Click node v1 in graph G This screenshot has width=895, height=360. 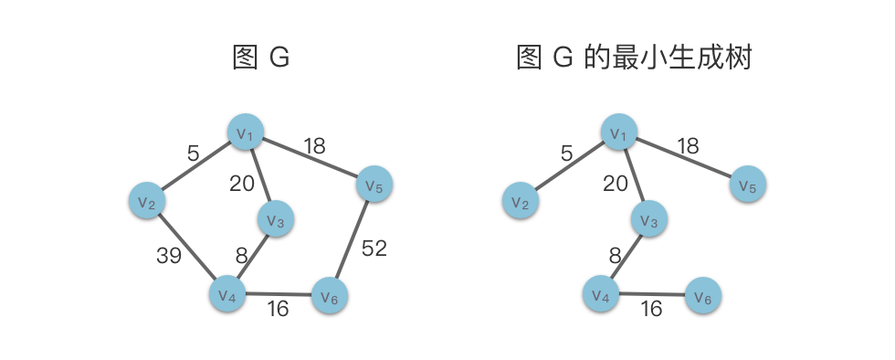[246, 132]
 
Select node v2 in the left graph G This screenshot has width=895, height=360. [147, 201]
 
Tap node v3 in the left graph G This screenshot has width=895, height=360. [276, 219]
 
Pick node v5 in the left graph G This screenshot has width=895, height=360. [374, 184]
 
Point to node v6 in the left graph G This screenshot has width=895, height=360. [330, 295]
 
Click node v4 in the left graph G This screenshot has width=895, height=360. [227, 293]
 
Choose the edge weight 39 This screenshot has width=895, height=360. [169, 256]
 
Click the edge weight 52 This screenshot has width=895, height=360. [374, 248]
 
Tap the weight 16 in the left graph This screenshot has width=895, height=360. [278, 309]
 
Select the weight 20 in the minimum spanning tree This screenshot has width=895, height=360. [616, 184]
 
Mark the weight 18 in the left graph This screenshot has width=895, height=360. [314, 146]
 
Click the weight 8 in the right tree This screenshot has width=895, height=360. [615, 256]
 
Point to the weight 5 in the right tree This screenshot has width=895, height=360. [566, 154]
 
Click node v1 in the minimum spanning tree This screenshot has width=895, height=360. [619, 132]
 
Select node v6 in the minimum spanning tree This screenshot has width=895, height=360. [703, 295]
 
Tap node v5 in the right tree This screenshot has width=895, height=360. [748, 184]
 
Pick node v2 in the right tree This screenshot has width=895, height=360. [521, 201]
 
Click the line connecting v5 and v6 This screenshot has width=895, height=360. [353, 240]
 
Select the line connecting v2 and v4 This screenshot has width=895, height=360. [187, 247]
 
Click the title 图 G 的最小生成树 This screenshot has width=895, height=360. [634, 58]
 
